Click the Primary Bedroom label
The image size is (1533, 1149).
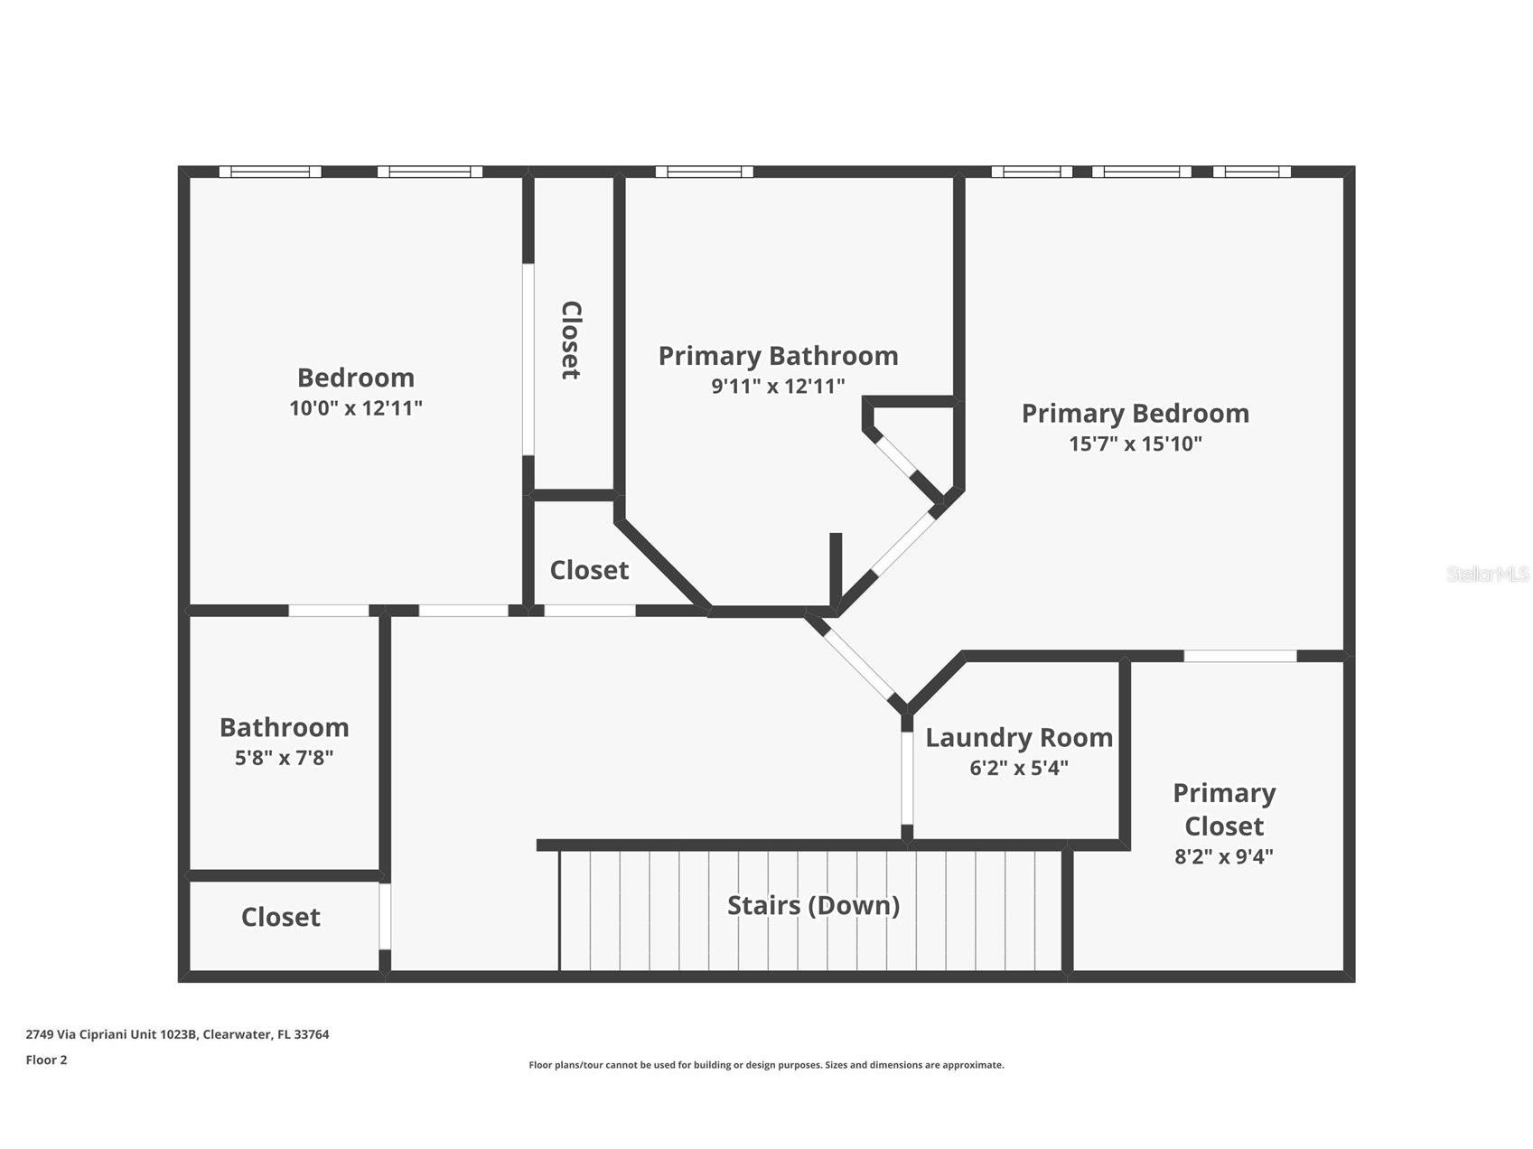[x=1135, y=414]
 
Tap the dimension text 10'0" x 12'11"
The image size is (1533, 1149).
[x=356, y=408]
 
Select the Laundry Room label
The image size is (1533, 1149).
[x=1018, y=738]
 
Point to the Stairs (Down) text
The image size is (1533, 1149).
[x=813, y=905]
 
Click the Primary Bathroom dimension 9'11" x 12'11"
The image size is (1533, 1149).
[x=778, y=387]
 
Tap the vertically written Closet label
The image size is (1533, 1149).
[x=571, y=340]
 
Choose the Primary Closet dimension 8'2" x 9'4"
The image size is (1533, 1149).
[x=1223, y=856]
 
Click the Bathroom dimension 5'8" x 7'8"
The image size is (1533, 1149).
[x=284, y=758]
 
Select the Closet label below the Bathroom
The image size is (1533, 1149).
[x=280, y=918]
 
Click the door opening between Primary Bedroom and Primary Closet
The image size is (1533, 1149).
[x=1239, y=656]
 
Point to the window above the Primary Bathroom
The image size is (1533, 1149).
[x=704, y=172]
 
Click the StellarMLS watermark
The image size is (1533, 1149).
[x=1487, y=574]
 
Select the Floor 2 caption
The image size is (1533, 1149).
[x=46, y=1060]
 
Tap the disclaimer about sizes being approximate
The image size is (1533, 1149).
[x=766, y=1065]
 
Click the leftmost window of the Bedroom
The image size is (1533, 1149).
[x=270, y=172]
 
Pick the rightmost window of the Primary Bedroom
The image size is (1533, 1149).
[x=1251, y=172]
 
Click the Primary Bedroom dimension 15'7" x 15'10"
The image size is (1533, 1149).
[x=1135, y=444]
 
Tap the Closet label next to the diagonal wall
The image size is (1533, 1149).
[x=589, y=570]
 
